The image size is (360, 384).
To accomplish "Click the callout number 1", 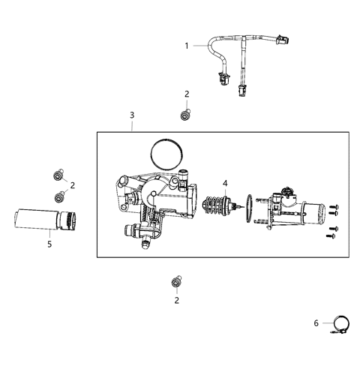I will [x=187, y=46].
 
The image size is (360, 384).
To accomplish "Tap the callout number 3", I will [x=132, y=115].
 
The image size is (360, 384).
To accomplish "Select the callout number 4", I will [x=225, y=183].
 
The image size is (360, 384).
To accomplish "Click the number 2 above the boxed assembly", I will [x=187, y=94].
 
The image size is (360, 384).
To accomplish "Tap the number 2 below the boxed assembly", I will [x=177, y=300].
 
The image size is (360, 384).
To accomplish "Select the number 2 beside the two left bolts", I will [x=73, y=184].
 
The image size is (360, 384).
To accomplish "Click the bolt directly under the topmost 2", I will [x=185, y=115].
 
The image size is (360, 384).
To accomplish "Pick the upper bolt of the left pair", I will [x=57, y=175].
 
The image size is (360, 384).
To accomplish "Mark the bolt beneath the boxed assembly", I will [x=176, y=282].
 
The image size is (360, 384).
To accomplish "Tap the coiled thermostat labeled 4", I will [x=216, y=208].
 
